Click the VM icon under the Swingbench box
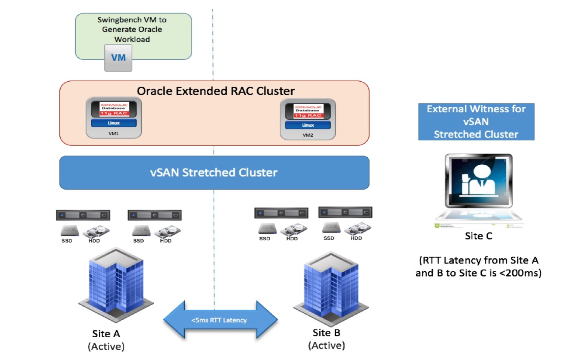point(118,58)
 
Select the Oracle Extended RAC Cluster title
point(216,91)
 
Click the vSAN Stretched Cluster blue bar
point(214,173)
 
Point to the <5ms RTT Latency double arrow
point(220,320)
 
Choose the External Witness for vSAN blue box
point(476,121)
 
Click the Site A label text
point(106,334)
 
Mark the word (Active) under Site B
point(326,346)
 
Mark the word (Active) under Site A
point(106,347)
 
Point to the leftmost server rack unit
point(83,215)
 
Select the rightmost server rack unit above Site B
point(345,212)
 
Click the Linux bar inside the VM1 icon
point(114,123)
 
